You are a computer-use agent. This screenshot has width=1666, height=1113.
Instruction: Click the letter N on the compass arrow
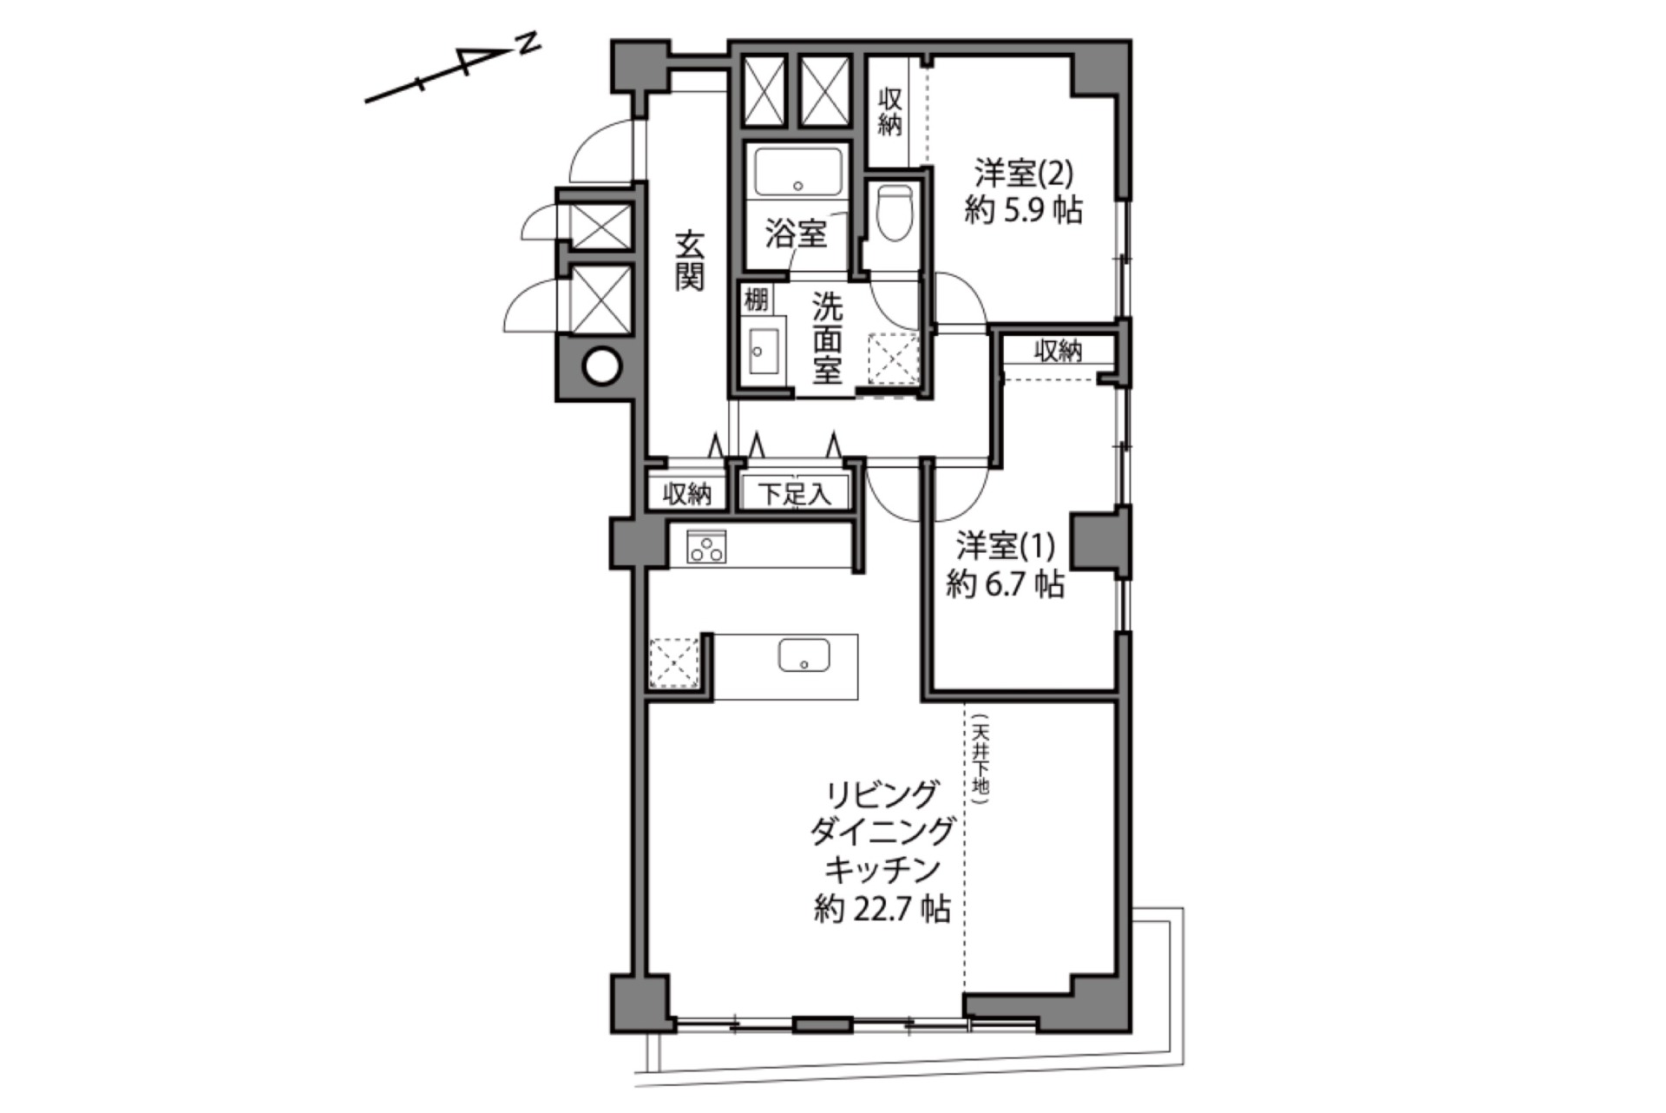(528, 43)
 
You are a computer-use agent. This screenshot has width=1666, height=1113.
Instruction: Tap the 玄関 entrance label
(690, 260)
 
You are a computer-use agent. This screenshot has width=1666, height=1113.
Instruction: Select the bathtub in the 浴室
(799, 172)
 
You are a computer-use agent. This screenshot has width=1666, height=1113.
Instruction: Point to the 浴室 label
(796, 234)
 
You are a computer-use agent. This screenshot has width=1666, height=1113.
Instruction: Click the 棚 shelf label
(756, 300)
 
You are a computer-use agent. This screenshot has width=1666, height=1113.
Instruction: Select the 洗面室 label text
(827, 338)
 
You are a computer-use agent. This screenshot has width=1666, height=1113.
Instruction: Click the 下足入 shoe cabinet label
(795, 494)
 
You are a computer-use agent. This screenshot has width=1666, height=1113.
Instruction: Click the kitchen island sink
(804, 655)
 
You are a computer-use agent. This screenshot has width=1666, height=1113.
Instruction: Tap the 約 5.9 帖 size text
(1024, 210)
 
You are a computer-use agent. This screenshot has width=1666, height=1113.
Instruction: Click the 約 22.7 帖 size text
(882, 909)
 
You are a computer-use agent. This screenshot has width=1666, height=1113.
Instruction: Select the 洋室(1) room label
(1006, 546)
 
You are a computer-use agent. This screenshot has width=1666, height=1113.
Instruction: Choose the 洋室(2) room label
(1024, 173)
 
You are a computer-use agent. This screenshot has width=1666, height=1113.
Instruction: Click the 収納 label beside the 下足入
(687, 494)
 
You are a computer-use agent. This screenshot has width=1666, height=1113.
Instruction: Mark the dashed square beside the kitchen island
(674, 663)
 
